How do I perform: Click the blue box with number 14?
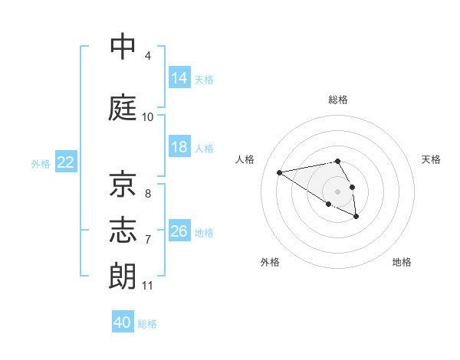pyautogui.click(x=179, y=78)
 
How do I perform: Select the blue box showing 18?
pyautogui.click(x=179, y=148)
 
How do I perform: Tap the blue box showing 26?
pyautogui.click(x=179, y=232)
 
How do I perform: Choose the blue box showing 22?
pyautogui.click(x=66, y=163)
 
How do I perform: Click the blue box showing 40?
pyautogui.click(x=123, y=323)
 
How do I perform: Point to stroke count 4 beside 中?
pyautogui.click(x=148, y=56)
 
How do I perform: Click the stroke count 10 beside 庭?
pyautogui.click(x=148, y=117)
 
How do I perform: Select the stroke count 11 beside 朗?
pyautogui.click(x=148, y=286)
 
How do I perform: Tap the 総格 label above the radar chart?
pyautogui.click(x=338, y=100)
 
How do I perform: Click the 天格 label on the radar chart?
pyautogui.click(x=431, y=159)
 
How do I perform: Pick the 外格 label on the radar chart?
pyautogui.click(x=270, y=263)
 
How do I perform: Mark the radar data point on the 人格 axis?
pyautogui.click(x=280, y=172)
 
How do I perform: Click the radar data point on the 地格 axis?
pyautogui.click(x=356, y=217)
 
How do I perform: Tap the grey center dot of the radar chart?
pyautogui.click(x=338, y=191)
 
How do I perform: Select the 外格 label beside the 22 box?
pyautogui.click(x=41, y=164)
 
